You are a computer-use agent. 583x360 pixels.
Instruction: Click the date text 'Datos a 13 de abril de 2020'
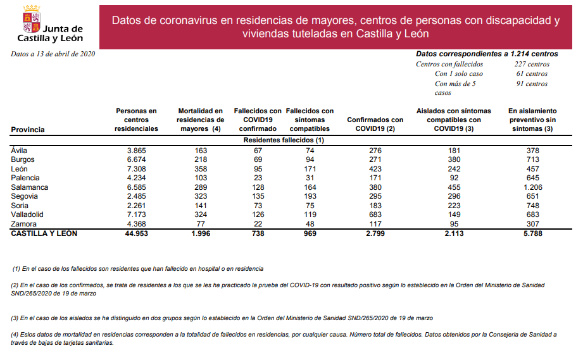(53, 54)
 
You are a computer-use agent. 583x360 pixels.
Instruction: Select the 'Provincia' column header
(28, 130)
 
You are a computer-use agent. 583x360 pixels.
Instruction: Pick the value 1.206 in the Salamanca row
(532, 187)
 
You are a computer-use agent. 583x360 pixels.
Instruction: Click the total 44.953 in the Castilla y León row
(136, 234)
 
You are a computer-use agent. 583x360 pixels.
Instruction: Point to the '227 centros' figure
(532, 64)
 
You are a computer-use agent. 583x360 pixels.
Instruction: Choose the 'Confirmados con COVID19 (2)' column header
(375, 124)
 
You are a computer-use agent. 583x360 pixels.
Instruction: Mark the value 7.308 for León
(137, 169)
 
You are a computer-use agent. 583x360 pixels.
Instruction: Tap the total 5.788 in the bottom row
(532, 234)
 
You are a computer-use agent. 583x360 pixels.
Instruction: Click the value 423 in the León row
(375, 169)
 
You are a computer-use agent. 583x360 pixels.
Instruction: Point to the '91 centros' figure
(532, 84)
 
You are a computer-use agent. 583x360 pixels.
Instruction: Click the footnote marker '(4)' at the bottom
(16, 335)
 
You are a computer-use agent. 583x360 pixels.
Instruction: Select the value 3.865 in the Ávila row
(137, 151)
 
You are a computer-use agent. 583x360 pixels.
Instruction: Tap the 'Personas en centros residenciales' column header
(136, 120)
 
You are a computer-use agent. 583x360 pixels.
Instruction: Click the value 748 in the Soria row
(532, 206)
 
